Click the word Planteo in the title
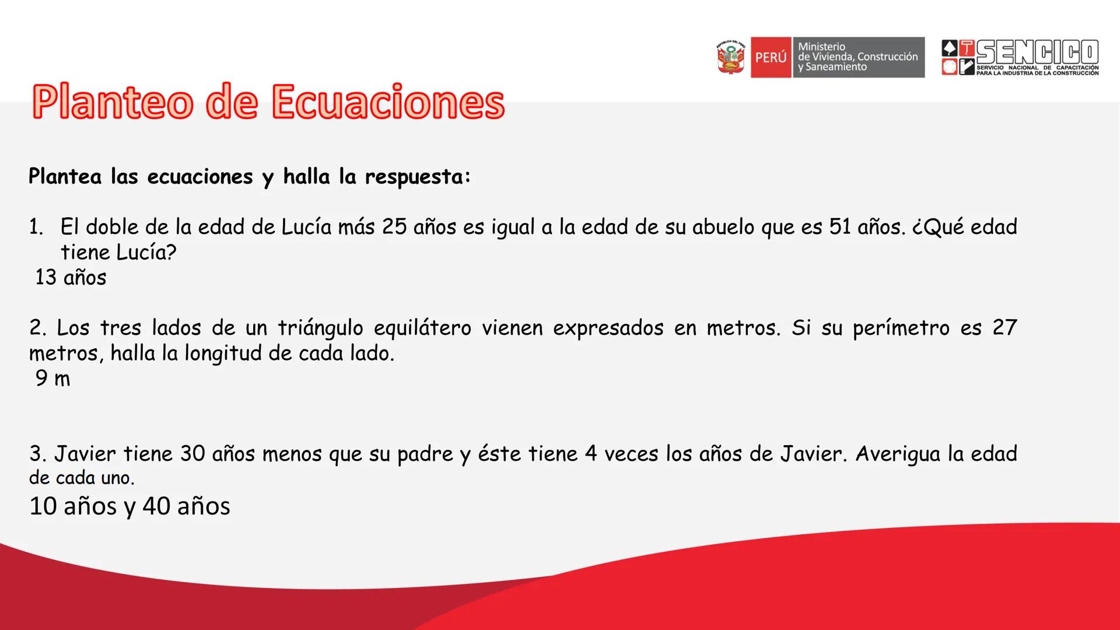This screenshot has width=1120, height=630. [x=112, y=102]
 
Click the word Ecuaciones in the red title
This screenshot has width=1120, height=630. [x=388, y=102]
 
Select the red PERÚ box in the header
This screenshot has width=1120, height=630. [x=771, y=57]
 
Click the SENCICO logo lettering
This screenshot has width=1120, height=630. [x=1037, y=52]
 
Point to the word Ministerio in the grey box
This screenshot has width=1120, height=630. [x=821, y=47]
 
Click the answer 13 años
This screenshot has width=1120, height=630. [x=71, y=277]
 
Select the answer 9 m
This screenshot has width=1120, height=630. [x=52, y=378]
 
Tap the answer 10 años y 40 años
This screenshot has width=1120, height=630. [x=129, y=506]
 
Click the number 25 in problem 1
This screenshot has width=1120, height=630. [x=394, y=227]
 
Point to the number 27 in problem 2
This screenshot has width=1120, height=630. [x=1005, y=328]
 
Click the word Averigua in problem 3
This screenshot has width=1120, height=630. [x=898, y=454]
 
